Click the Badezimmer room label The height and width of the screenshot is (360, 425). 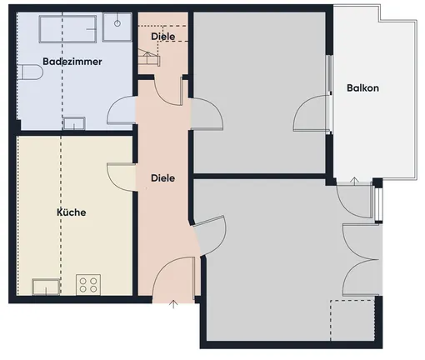pyautogui.click(x=72, y=62)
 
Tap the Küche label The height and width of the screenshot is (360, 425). pyautogui.click(x=72, y=212)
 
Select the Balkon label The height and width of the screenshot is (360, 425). pyautogui.click(x=362, y=88)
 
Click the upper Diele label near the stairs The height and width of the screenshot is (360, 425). pyautogui.click(x=163, y=37)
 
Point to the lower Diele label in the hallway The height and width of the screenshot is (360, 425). pyautogui.click(x=162, y=178)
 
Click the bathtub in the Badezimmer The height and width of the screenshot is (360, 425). pyautogui.click(x=67, y=29)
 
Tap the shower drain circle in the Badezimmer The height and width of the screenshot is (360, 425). pyautogui.click(x=117, y=23)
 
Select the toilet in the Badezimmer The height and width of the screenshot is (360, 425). pyautogui.click(x=30, y=72)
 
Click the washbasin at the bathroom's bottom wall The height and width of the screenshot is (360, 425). pyautogui.click(x=74, y=123)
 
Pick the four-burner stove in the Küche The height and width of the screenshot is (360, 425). pyautogui.click(x=88, y=285)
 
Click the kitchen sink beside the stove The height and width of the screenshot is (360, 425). pyautogui.click(x=46, y=287)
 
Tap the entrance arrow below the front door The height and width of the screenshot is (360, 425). pyautogui.click(x=173, y=304)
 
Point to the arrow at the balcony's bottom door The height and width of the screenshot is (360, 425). pyautogui.click(x=354, y=181)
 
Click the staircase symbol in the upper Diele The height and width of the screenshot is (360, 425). pyautogui.click(x=149, y=57)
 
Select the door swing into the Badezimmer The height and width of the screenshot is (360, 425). pyautogui.click(x=122, y=110)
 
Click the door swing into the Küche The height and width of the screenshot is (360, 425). pyautogui.click(x=122, y=177)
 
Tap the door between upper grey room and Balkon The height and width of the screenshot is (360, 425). pyautogui.click(x=312, y=113)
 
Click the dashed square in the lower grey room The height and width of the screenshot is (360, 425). pyautogui.click(x=352, y=320)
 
